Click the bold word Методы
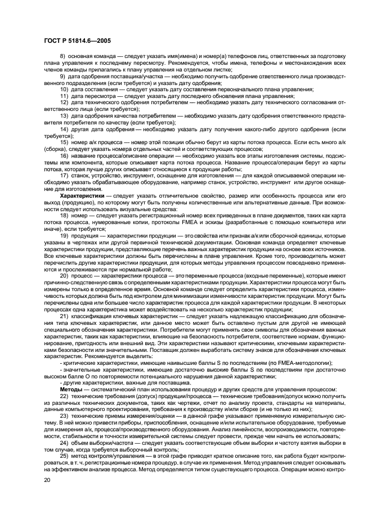(x=71, y=390)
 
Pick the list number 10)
(x=65, y=90)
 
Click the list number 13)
(x=65, y=115)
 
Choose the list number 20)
(x=65, y=276)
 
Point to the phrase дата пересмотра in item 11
(x=92, y=96)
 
